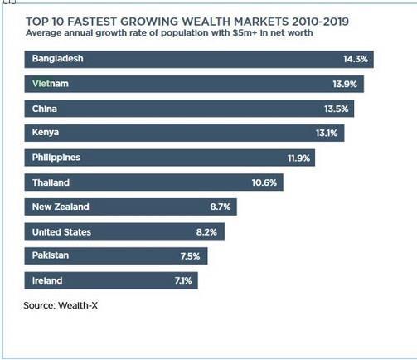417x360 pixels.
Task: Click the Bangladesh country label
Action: tap(58, 60)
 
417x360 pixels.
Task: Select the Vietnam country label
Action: tap(51, 85)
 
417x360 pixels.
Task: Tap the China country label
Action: tap(45, 109)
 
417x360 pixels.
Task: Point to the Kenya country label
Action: tap(46, 133)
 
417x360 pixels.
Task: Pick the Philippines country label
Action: tap(56, 158)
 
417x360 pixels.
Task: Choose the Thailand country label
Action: tap(51, 182)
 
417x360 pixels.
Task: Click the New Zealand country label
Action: tap(61, 207)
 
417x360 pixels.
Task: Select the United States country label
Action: tap(61, 231)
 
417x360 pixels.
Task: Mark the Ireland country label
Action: tap(47, 280)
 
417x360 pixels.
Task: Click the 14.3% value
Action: tap(356, 60)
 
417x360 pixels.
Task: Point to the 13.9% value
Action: tap(346, 85)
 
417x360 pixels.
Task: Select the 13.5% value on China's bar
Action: tap(336, 109)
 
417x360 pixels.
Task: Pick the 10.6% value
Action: tap(264, 182)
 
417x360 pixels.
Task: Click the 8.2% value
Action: tap(216, 231)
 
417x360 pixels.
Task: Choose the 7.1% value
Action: tap(183, 280)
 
